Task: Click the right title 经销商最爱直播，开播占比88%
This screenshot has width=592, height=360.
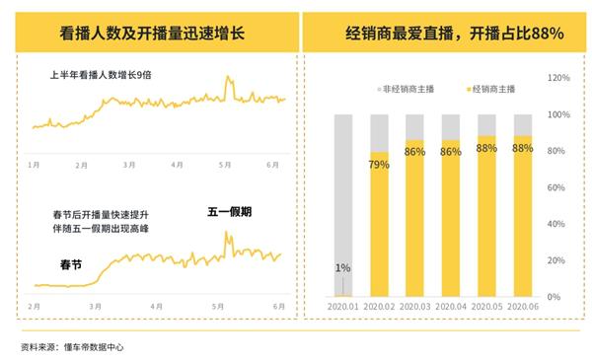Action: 447,34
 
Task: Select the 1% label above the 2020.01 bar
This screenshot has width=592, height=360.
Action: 342,267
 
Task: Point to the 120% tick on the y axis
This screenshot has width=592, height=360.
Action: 558,77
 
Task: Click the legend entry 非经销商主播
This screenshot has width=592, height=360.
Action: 405,90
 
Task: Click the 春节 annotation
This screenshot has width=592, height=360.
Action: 71,263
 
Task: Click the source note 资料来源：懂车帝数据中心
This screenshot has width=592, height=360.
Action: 72,346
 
